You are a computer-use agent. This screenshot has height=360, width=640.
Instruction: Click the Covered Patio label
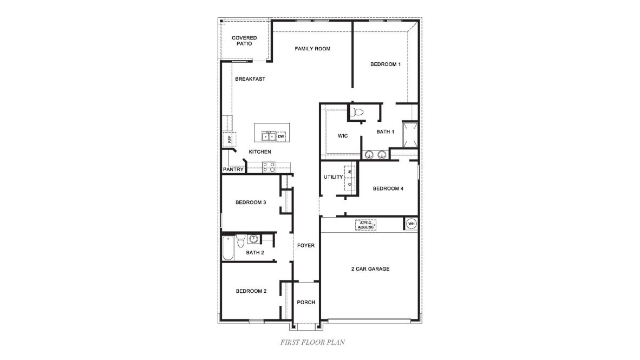click(x=244, y=41)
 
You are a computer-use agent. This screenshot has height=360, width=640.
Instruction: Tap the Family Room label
click(x=312, y=49)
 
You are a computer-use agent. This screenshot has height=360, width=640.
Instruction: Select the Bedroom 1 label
click(x=385, y=64)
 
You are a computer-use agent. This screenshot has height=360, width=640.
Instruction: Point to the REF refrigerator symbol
click(x=229, y=139)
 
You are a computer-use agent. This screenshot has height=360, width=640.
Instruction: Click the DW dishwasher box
click(x=280, y=136)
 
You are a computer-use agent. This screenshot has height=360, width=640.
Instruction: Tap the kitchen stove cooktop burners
click(x=267, y=167)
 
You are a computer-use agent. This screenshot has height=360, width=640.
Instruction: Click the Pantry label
click(x=233, y=169)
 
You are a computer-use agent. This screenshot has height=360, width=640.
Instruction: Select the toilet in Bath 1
click(x=356, y=113)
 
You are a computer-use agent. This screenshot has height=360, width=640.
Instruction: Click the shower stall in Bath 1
click(x=410, y=134)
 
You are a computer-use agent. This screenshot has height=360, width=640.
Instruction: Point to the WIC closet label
click(x=342, y=135)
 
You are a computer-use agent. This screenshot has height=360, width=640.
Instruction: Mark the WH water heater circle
click(x=411, y=224)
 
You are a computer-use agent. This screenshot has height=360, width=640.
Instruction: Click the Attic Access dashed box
click(x=365, y=225)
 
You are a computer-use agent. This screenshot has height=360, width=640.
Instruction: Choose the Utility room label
click(x=333, y=177)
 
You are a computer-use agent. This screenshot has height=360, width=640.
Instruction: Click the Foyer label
click(x=306, y=246)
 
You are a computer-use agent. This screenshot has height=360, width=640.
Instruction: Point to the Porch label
click(x=306, y=303)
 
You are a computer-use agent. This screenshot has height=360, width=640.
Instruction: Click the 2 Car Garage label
click(x=371, y=269)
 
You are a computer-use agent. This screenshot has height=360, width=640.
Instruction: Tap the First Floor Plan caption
click(x=312, y=342)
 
